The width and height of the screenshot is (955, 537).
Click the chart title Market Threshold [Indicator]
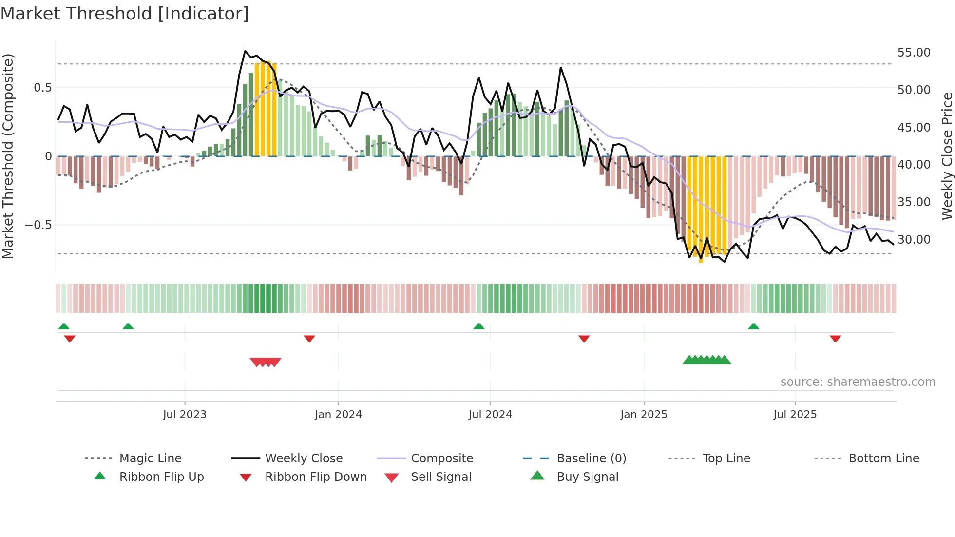[x=125, y=14]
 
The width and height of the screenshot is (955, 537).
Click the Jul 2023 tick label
[x=185, y=415]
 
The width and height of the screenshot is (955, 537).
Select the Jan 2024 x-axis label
[x=338, y=415]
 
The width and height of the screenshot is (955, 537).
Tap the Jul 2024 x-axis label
[x=490, y=415]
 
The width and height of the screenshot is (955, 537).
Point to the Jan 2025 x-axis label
[x=644, y=415]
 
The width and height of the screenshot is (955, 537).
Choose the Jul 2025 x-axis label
[x=795, y=415]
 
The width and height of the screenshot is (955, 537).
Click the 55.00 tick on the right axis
[x=914, y=53]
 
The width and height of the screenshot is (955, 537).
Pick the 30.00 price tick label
[x=914, y=240]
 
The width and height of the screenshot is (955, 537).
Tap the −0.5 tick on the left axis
[x=38, y=225]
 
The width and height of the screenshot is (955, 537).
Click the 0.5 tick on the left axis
[x=42, y=88]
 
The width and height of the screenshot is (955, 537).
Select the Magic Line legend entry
[x=150, y=459]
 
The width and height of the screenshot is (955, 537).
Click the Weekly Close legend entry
[x=304, y=459]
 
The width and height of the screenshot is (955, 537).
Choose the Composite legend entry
[x=442, y=459]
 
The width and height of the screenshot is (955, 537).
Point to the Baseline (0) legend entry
[x=591, y=459]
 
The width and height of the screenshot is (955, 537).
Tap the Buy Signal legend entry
[x=587, y=477]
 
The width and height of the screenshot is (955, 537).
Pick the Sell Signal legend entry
[x=441, y=477]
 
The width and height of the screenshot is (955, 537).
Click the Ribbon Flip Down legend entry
[x=316, y=477]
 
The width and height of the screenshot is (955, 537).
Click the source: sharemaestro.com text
[x=858, y=382]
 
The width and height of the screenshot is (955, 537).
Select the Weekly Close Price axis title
[x=947, y=156]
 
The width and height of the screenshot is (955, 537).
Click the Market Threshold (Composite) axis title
[x=8, y=156]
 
